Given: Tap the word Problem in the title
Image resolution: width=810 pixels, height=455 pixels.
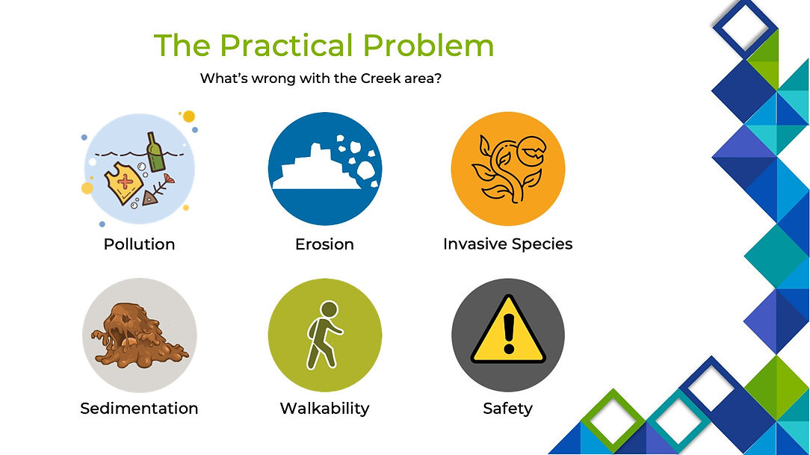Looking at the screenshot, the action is [x=428, y=46].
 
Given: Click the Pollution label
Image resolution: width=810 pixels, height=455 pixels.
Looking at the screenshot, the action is [x=139, y=244].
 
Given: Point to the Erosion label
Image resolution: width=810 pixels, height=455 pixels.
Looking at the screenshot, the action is [x=324, y=244].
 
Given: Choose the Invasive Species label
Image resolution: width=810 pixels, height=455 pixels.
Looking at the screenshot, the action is [x=508, y=244].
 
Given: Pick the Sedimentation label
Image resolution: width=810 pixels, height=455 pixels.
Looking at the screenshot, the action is [x=139, y=408].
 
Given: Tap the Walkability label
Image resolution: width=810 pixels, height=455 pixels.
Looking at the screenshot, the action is [x=324, y=408].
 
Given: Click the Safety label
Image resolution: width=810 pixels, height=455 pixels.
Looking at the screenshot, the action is [x=508, y=408].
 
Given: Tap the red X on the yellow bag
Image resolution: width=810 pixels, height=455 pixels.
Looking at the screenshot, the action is [x=125, y=182].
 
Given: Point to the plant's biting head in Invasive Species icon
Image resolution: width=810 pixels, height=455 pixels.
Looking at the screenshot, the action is [x=531, y=151].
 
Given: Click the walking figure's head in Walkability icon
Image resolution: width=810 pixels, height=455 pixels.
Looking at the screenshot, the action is [x=329, y=310].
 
